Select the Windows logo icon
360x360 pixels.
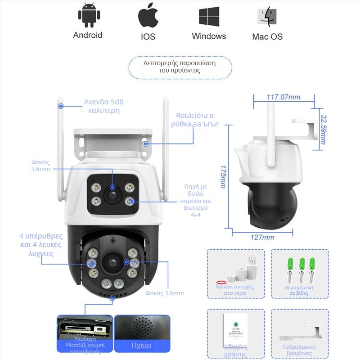tap(209, 17)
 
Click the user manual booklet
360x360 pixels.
tap(235, 329)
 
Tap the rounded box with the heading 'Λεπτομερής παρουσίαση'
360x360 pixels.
tap(180, 67)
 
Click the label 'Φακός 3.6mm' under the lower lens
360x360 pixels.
tap(164, 293)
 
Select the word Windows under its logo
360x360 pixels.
tap(209, 36)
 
